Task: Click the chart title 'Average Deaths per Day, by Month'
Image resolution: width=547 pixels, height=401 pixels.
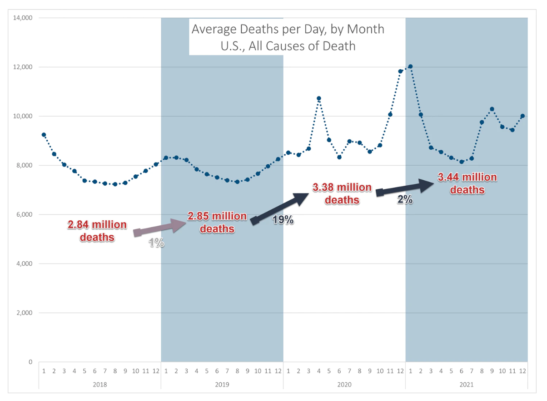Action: [x=288, y=30]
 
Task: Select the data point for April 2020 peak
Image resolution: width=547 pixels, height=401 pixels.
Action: [x=319, y=98]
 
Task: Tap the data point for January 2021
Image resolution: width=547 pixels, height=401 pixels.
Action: [x=410, y=66]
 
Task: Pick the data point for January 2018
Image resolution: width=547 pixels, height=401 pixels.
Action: [x=44, y=135]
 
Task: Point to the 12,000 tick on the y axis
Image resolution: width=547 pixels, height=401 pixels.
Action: [x=24, y=67]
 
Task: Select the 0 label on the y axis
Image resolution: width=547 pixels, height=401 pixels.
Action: [x=30, y=362]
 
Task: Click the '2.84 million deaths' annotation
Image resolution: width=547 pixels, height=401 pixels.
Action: [x=97, y=231]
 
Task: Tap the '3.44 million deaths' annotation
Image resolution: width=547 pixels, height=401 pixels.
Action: [x=467, y=183]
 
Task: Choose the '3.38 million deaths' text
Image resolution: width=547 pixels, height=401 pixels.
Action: [x=343, y=193]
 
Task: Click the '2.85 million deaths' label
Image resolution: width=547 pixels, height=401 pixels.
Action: [x=218, y=222]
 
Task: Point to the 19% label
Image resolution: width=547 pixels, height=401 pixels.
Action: [x=283, y=220]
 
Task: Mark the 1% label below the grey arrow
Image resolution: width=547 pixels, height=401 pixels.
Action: [x=156, y=243]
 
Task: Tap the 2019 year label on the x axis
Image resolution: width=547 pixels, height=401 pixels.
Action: [x=222, y=385]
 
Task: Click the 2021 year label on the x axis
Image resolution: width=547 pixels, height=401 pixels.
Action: [x=467, y=385]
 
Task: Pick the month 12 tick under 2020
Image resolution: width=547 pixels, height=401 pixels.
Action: [x=400, y=371]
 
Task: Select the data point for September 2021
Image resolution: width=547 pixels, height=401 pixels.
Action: [x=492, y=109]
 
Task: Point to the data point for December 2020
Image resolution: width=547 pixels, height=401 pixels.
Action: [x=400, y=71]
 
